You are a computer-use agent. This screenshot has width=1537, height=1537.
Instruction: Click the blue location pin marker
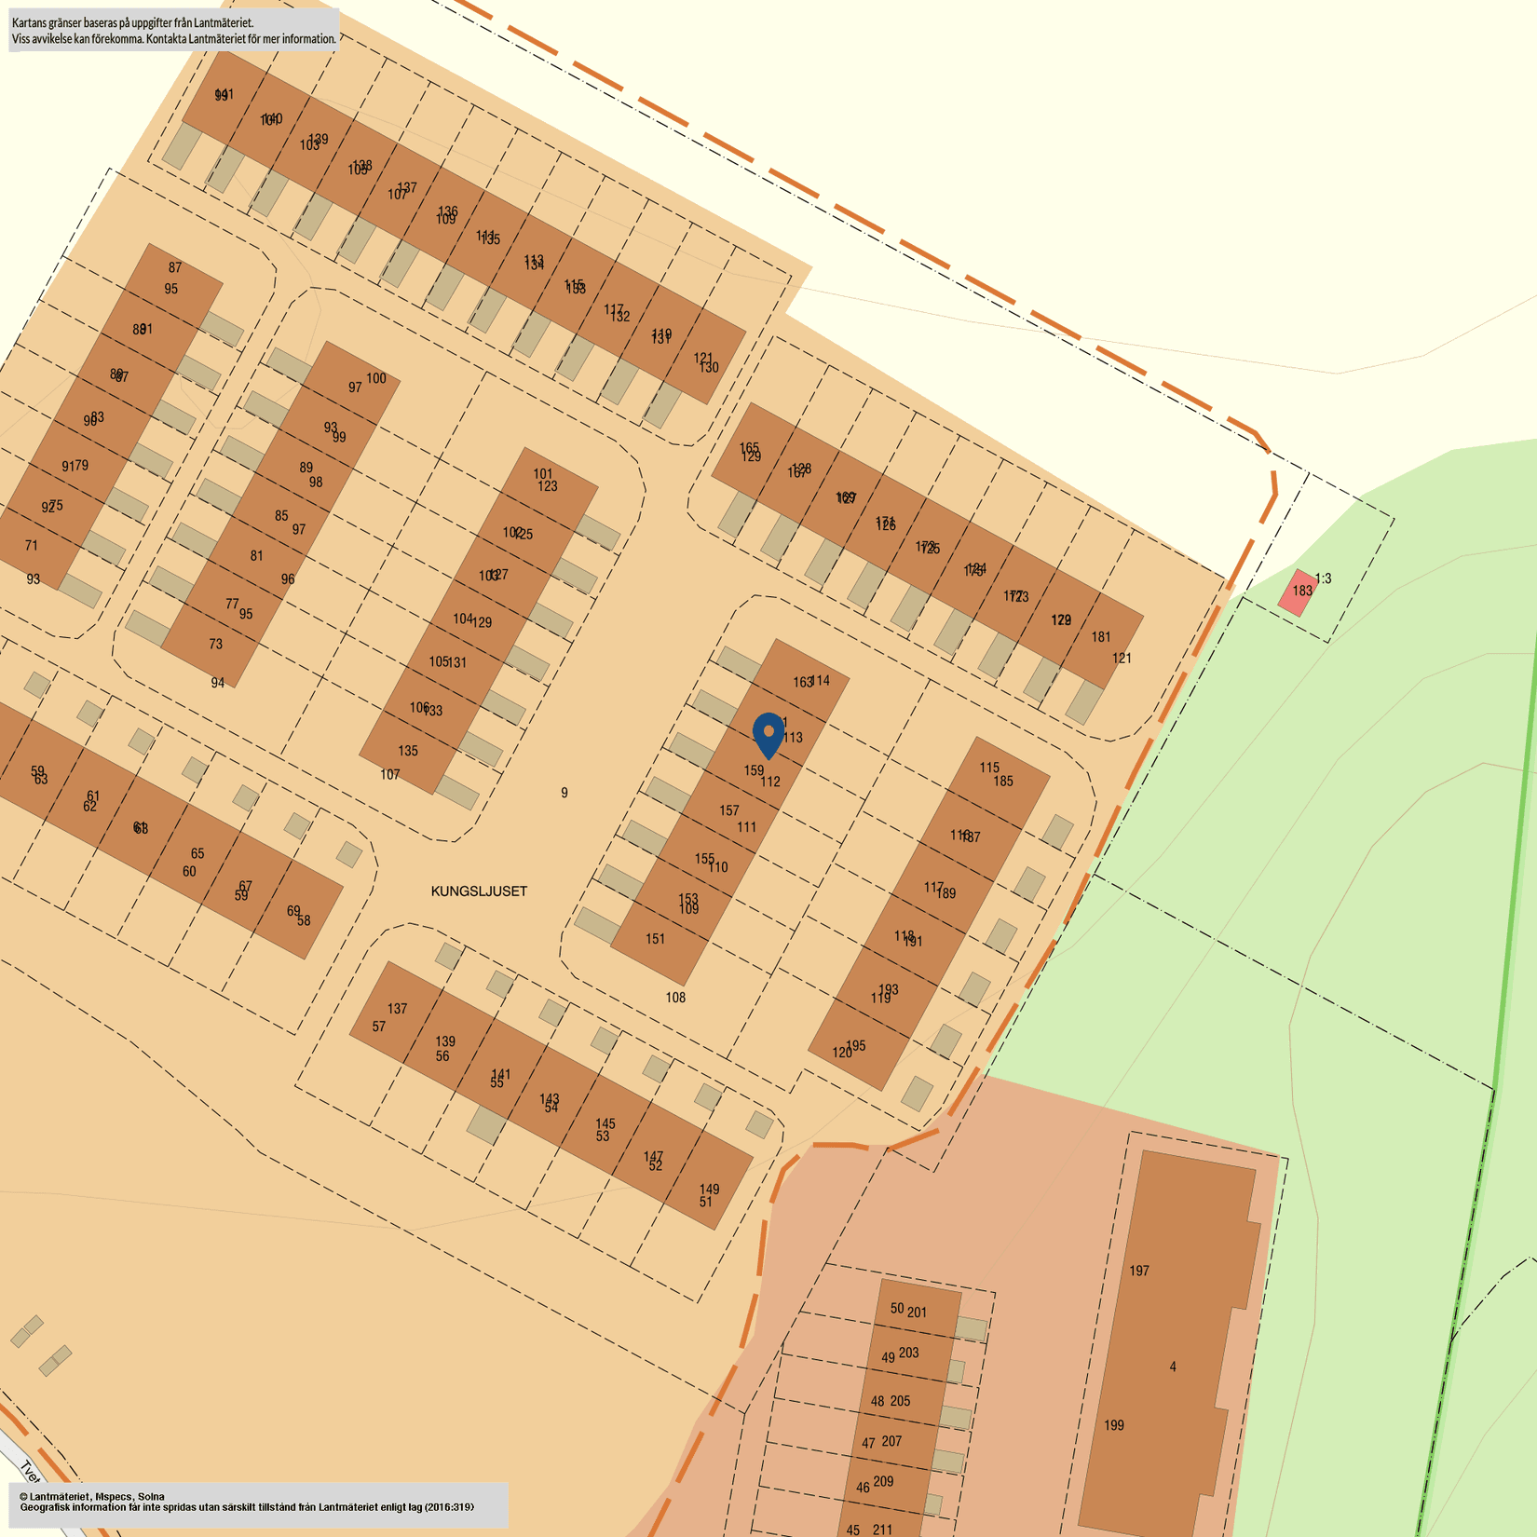coord(768,734)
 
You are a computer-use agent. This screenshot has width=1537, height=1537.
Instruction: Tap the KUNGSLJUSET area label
coord(479,891)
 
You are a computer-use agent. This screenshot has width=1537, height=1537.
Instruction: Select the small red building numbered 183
coord(1299,592)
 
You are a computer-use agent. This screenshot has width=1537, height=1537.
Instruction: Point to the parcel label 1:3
coord(1323,578)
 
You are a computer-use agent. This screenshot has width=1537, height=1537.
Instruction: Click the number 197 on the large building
coord(1138,1271)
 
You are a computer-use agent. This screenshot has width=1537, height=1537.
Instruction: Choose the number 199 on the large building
coord(1113,1425)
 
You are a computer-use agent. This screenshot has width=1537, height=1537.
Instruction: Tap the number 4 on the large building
coord(1173,1367)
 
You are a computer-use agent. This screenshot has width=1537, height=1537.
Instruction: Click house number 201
coord(917,1313)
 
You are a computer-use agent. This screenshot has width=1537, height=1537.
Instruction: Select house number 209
coord(883,1481)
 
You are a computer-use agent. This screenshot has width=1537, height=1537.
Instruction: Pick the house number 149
coord(709,1190)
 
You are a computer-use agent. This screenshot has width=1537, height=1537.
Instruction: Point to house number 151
coord(656,939)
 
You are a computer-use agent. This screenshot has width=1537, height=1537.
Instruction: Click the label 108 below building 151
coord(675,998)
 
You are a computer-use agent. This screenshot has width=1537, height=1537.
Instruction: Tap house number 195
coord(856,1045)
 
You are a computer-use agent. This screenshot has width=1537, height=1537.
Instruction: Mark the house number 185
coord(1003,782)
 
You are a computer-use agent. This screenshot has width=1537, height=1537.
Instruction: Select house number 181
coord(1101,637)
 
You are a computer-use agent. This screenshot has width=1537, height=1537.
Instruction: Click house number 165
coord(749,448)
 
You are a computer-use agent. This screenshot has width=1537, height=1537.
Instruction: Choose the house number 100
coord(375,378)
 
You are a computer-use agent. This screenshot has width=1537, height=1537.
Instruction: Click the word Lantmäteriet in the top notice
coord(222,22)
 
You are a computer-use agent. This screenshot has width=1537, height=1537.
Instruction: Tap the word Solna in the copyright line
coord(151,1496)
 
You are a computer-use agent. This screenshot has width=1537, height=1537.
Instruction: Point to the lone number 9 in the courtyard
coord(564,793)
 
